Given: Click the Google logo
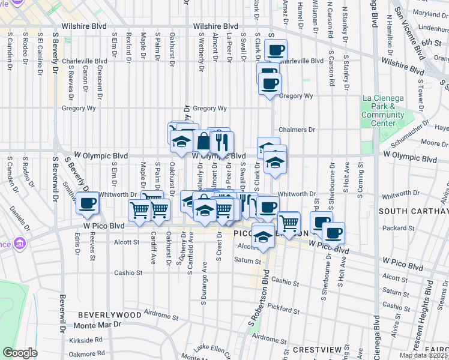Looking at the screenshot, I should coord(20,353).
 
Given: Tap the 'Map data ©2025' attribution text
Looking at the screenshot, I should coord(424,355).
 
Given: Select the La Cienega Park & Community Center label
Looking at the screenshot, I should coord(382,111).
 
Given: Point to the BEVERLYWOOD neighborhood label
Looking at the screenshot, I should coord(110,314).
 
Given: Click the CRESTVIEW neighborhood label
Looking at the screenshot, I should coord(317,349).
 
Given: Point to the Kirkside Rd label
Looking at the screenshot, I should coord(86,340).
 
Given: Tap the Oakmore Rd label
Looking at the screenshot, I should coord(85,353).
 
